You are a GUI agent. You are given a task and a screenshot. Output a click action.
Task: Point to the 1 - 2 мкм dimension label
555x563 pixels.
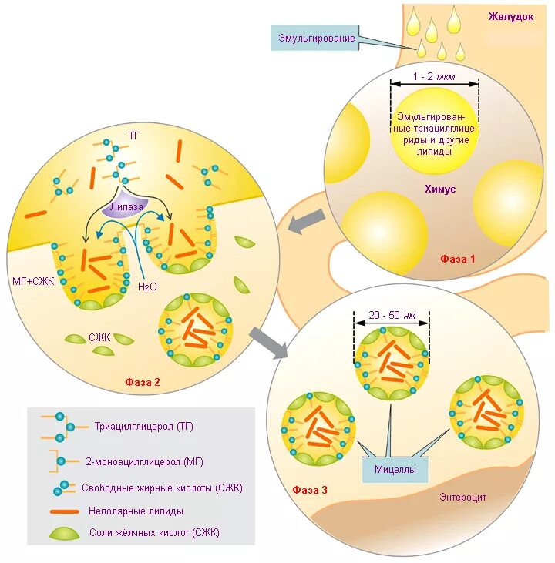click(x=434, y=75)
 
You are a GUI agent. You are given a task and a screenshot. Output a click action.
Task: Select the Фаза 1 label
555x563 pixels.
click(x=458, y=259)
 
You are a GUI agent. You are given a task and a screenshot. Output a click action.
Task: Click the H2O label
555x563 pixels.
click(x=146, y=287)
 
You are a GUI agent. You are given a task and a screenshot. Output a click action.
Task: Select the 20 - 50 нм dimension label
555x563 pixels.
click(x=392, y=315)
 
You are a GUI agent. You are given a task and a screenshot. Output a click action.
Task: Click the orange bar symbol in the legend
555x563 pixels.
click(x=66, y=510)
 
